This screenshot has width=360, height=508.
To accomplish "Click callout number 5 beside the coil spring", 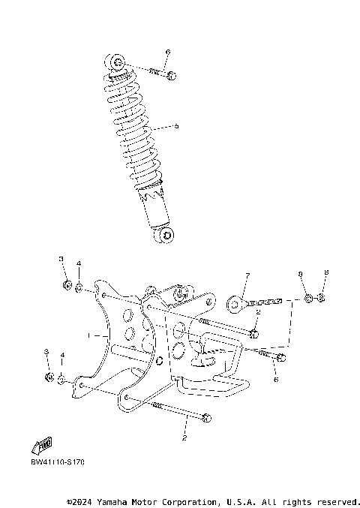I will (176, 126).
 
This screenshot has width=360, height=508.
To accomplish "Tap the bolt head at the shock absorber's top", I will (172, 75).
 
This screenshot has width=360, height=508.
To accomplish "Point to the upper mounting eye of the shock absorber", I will (117, 62).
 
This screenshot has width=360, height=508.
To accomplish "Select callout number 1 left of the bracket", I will (88, 334).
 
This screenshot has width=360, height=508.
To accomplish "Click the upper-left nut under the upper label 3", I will (66, 285).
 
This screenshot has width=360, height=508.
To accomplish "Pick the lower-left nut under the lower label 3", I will (49, 376).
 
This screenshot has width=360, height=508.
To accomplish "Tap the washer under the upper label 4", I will (79, 287).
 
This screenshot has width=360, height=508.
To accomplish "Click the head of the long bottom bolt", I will (207, 417).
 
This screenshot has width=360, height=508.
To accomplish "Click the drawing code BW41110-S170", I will (58, 461).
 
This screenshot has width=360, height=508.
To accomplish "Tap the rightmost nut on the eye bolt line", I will (321, 299).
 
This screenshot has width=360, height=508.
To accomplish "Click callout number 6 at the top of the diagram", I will (168, 52).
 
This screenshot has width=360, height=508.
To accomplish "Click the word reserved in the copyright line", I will (337, 500).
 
